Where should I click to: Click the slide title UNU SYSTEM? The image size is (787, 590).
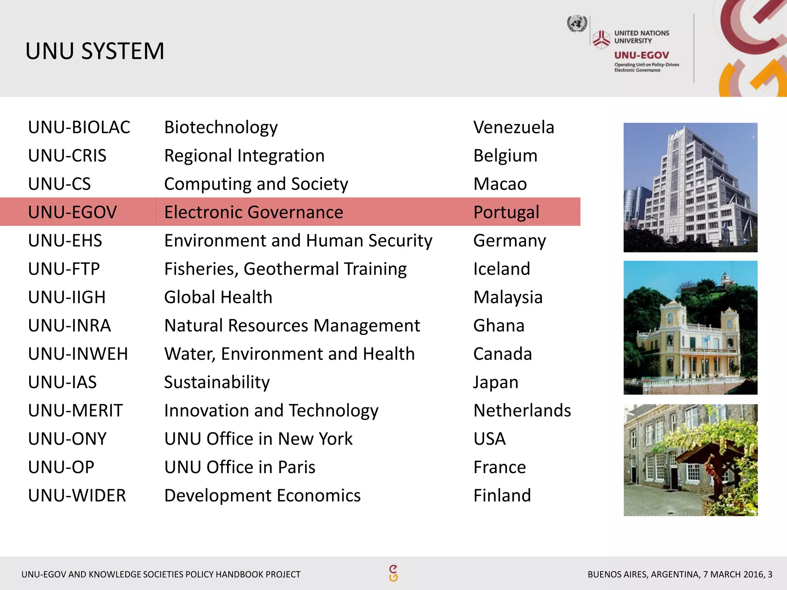click(95, 51)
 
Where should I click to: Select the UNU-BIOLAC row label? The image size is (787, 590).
click(79, 128)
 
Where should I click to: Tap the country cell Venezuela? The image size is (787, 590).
click(513, 128)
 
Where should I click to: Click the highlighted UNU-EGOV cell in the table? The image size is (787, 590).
click(73, 212)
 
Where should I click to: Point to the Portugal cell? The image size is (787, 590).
click(506, 212)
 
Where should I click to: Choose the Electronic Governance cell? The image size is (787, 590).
click(254, 212)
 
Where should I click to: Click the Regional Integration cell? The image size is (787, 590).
click(244, 156)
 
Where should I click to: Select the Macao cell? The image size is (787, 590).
click(500, 184)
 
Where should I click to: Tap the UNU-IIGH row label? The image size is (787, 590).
click(67, 297)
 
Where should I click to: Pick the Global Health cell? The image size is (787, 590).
click(218, 297)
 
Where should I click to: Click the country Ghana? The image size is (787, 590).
click(499, 326)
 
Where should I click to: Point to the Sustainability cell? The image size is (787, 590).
click(217, 382)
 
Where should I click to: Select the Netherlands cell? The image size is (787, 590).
click(522, 411)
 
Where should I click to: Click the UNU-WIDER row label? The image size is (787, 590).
click(77, 496)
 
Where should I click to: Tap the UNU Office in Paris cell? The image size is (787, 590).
click(240, 467)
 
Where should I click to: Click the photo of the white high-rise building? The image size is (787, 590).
click(690, 187)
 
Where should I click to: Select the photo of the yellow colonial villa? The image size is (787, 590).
click(690, 328)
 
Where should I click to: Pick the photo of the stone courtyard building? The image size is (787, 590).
click(690, 460)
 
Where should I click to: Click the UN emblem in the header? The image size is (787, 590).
click(577, 24)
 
